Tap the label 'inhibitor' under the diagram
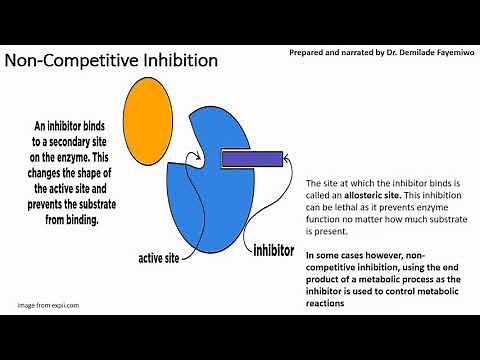[281, 247]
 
